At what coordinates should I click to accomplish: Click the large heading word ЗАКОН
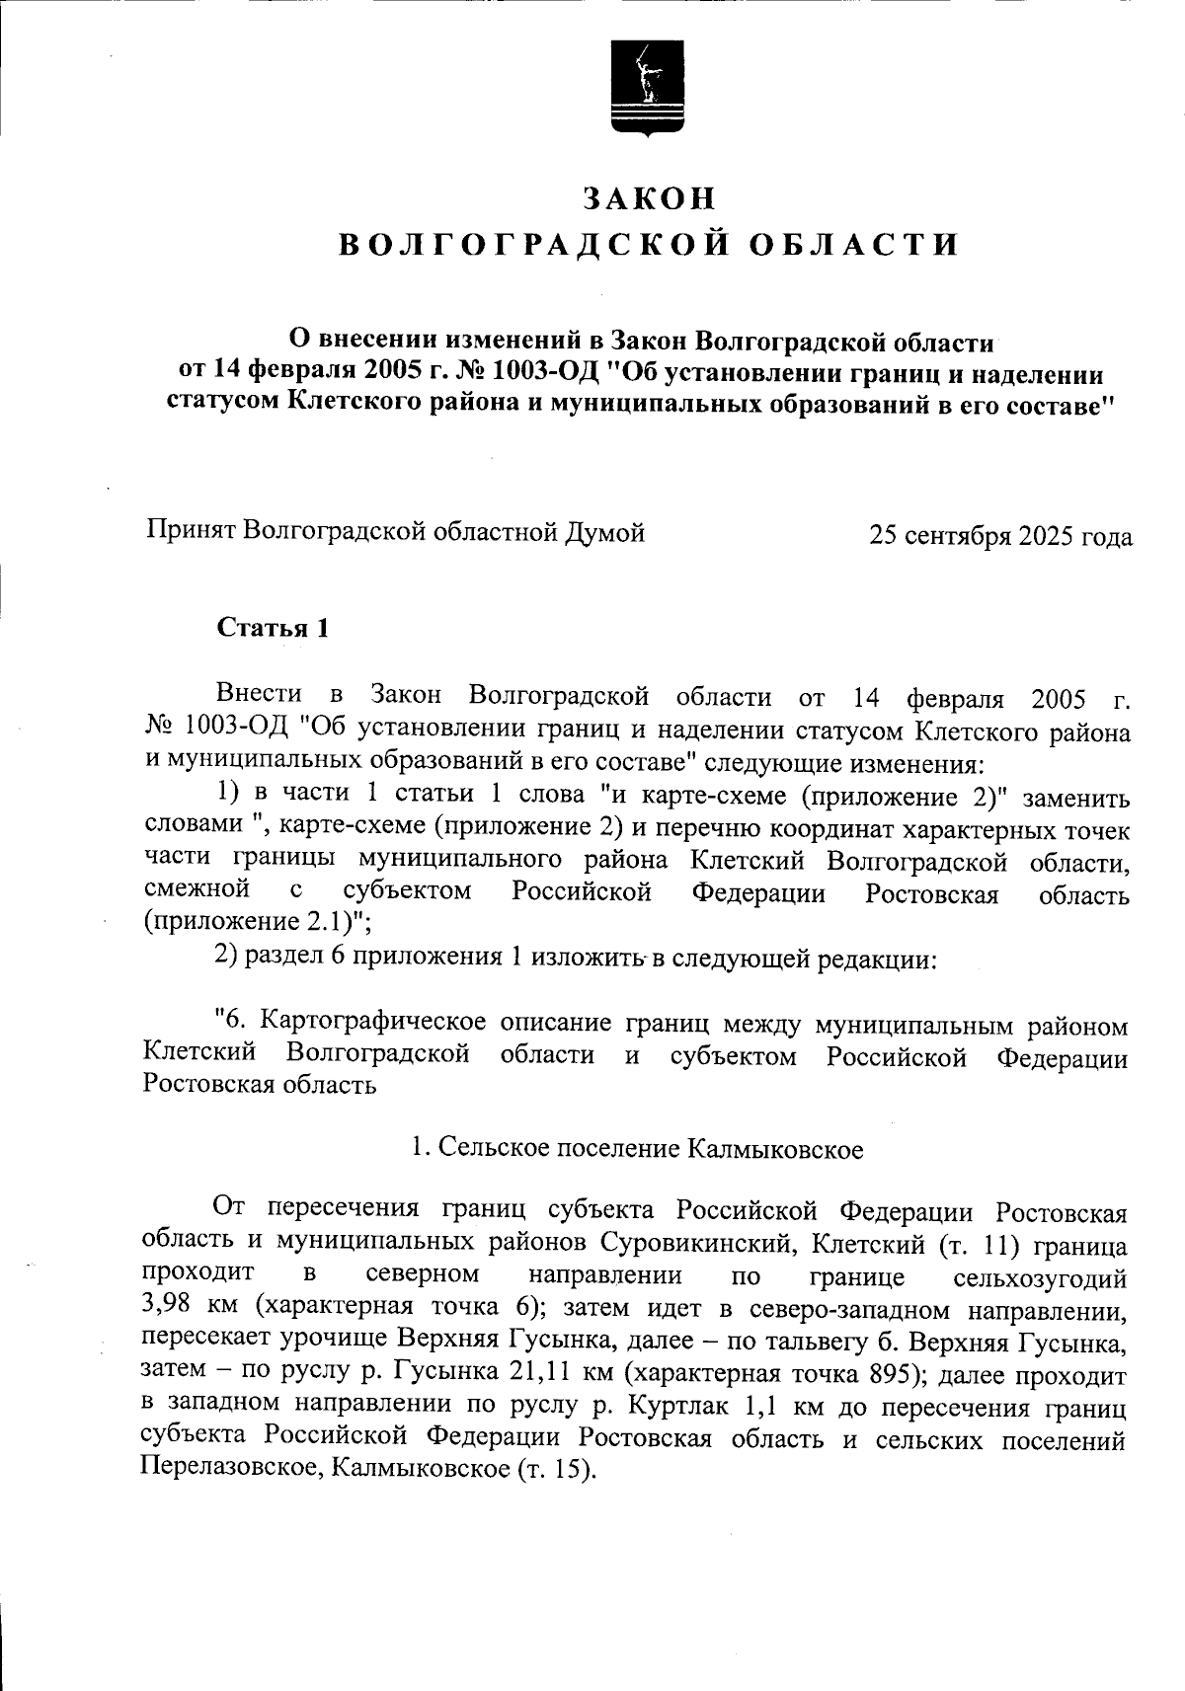[x=649, y=198]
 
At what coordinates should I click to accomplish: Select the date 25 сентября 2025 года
[x=1000, y=536]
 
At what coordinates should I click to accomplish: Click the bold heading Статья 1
[x=273, y=629]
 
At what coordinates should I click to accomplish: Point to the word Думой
[x=604, y=532]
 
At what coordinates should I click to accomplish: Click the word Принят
[x=190, y=532]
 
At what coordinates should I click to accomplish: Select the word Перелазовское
[x=229, y=1469]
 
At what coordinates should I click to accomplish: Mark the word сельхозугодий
[x=1040, y=1278]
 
